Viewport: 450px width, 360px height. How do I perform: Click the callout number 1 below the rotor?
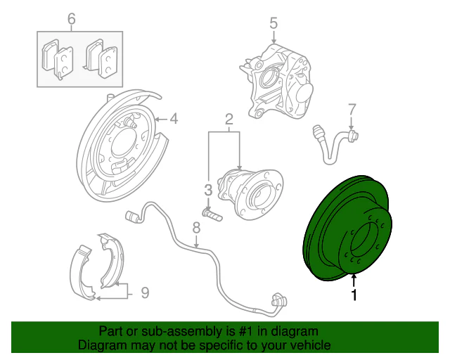[x=354, y=296]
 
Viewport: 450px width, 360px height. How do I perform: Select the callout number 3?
[x=207, y=189]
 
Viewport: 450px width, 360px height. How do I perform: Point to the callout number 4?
[x=174, y=118]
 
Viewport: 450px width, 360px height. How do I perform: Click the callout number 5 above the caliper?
[x=274, y=24]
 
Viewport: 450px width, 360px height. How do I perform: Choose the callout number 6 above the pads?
[x=71, y=18]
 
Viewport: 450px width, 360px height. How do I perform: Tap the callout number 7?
[x=352, y=109]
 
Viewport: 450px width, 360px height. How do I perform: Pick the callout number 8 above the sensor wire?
[x=196, y=227]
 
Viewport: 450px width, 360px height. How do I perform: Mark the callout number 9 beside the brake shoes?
[x=145, y=291]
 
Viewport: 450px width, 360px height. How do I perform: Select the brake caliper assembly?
[x=278, y=81]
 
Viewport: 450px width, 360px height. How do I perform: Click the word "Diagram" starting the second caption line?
[x=102, y=345]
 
